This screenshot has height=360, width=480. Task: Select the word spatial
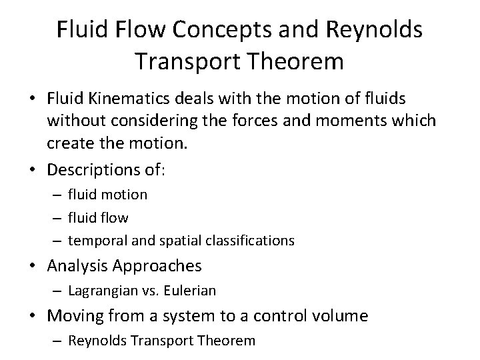point(182,240)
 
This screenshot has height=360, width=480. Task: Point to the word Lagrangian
point(103,291)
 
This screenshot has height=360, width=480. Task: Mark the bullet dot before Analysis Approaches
point(33,266)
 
